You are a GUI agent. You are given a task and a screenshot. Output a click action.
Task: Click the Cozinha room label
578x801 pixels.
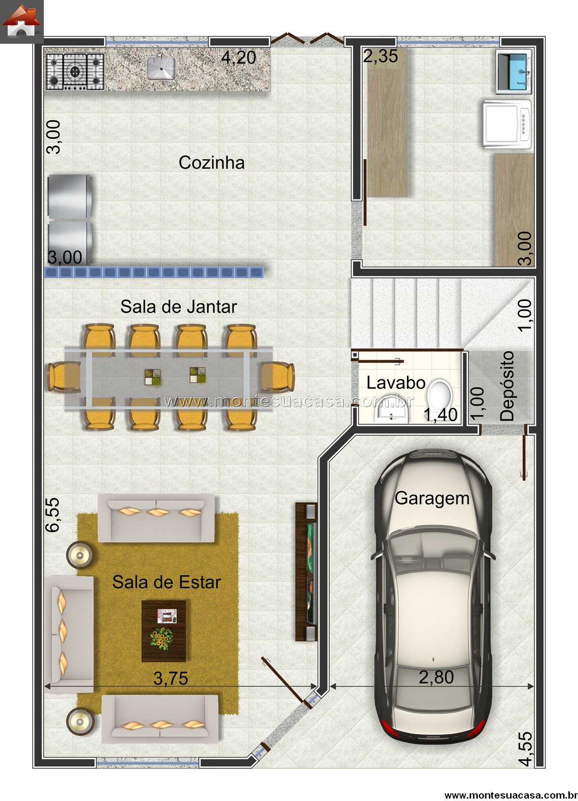[x=211, y=163]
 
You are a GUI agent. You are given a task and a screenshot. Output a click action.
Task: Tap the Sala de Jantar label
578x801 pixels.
[x=179, y=307]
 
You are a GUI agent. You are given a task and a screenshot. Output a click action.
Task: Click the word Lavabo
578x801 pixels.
[x=396, y=383]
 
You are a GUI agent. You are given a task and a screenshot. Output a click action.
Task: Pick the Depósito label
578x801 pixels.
[x=507, y=386]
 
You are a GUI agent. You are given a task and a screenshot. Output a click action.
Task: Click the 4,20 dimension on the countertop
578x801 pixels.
[x=239, y=57]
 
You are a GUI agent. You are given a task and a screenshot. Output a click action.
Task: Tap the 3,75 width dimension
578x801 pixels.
[x=171, y=678]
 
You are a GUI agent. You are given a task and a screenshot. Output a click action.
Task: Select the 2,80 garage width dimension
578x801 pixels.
[x=436, y=677]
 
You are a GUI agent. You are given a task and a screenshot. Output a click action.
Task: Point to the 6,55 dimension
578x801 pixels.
[x=53, y=515]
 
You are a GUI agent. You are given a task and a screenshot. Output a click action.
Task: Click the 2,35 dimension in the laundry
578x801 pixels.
[x=381, y=56]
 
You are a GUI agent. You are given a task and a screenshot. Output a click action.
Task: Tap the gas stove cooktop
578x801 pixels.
[x=75, y=72]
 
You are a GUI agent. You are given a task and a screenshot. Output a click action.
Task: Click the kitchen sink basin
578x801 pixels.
[x=161, y=68]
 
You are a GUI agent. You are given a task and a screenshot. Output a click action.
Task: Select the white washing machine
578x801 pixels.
[x=507, y=124]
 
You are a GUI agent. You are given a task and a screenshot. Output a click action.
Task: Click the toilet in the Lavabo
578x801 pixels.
[x=439, y=396]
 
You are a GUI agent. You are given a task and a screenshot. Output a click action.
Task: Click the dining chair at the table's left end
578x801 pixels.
[x=64, y=377]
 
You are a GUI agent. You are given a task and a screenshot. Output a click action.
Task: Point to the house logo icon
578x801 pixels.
[x=22, y=22]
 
